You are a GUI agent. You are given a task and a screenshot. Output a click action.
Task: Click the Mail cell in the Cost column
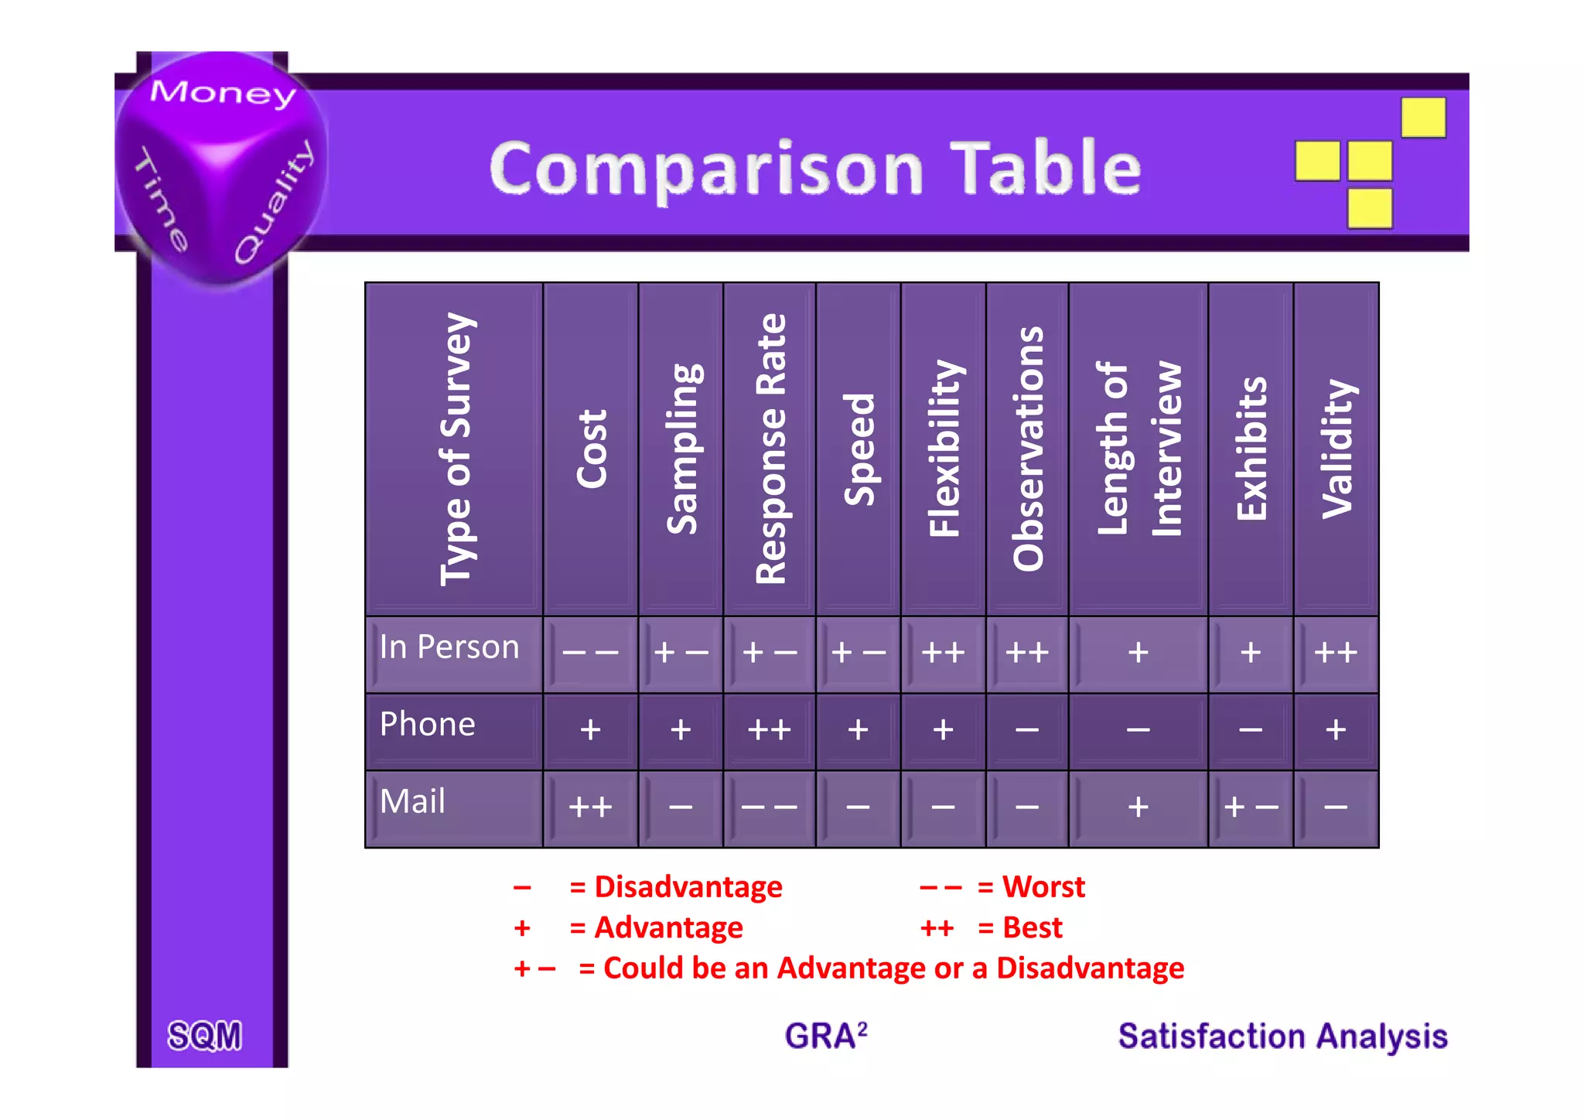[x=590, y=808]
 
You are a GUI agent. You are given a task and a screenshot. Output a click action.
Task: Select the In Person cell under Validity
[x=1336, y=653]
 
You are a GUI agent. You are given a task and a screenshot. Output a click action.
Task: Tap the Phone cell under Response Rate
[x=769, y=730]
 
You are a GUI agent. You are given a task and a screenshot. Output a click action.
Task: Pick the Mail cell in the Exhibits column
[x=1250, y=808]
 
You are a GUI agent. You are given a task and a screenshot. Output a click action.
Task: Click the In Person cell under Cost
[x=590, y=653]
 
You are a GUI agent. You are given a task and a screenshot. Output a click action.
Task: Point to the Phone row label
[x=428, y=725]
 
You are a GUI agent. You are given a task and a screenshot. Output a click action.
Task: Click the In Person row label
[x=449, y=647]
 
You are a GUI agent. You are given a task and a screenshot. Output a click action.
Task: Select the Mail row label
[x=413, y=802]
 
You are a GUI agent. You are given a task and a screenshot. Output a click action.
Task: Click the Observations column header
[x=1027, y=449]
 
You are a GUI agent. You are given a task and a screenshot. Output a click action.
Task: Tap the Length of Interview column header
[x=1138, y=449]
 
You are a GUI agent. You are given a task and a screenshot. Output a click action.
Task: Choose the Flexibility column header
[x=944, y=449]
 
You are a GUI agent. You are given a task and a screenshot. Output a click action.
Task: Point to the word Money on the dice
[x=223, y=93]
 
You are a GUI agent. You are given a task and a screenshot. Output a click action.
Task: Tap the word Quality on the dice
[x=275, y=201]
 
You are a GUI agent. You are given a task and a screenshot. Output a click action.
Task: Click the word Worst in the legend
[x=1043, y=887]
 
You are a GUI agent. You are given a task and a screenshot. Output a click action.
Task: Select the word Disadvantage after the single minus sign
[x=688, y=887]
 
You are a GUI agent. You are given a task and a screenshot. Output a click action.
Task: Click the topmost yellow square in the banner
[x=1423, y=118]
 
